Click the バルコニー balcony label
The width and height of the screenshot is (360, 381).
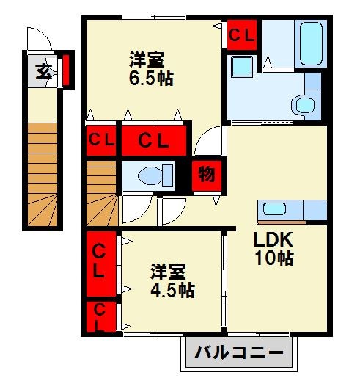[x=238, y=353]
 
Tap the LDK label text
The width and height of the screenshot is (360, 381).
[x=273, y=240]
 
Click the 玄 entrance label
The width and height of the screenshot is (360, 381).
[x=42, y=71]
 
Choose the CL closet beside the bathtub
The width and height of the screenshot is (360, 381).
[x=241, y=34]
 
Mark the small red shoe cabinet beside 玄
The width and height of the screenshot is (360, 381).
[x=65, y=70]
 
